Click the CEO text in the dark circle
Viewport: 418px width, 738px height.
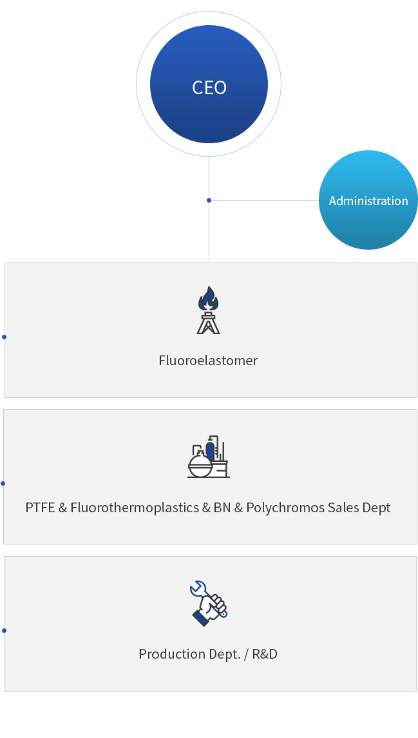209,88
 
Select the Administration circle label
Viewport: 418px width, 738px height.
368,201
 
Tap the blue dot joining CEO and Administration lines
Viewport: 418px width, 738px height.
209,200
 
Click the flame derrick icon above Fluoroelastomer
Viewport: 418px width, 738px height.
208,310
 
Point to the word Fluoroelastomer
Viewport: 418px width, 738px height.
208,360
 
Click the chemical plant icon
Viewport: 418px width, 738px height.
209,457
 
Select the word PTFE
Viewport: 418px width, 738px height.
40,507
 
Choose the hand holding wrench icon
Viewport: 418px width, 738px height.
209,603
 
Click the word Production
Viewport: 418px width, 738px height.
165,653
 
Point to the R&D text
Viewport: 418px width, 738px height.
265,653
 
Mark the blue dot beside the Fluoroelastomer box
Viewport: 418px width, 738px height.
5,337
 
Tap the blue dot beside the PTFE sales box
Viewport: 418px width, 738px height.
3,483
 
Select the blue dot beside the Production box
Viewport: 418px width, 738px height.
5,631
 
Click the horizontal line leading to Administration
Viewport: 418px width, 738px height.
265,200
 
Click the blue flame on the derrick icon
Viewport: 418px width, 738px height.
208,299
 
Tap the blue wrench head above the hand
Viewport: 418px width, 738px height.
198,588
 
